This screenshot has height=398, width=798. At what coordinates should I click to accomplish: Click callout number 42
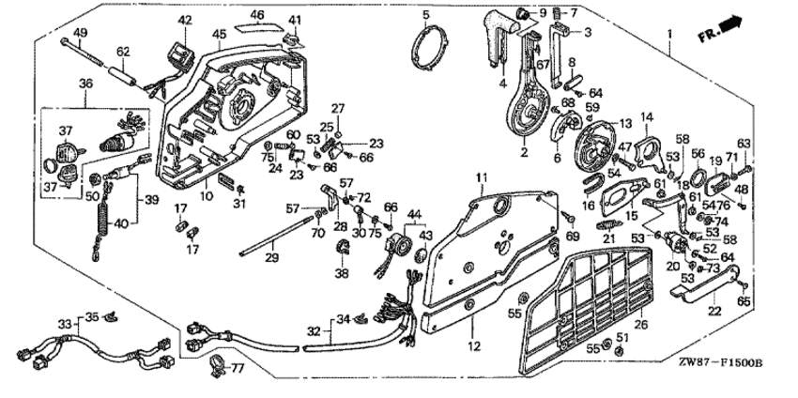(185, 21)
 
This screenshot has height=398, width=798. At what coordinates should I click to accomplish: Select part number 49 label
(81, 33)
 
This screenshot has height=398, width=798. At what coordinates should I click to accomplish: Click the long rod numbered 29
(275, 236)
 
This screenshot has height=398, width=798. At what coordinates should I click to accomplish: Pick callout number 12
(474, 347)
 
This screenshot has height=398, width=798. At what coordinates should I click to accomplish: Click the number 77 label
(238, 366)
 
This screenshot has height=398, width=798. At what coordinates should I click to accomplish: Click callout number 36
(85, 84)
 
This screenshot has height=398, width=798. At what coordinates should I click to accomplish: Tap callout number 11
(482, 177)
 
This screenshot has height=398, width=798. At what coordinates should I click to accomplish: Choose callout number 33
(65, 324)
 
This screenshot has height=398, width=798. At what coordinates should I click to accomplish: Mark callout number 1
(669, 34)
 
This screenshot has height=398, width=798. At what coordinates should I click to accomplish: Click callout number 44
(415, 213)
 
